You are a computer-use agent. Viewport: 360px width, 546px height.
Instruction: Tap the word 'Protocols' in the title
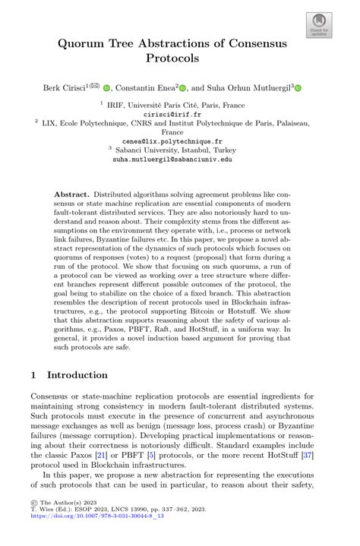180,58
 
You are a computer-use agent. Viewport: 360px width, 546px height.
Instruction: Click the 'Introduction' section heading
79,375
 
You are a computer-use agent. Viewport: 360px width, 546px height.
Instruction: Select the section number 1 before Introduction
34,375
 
